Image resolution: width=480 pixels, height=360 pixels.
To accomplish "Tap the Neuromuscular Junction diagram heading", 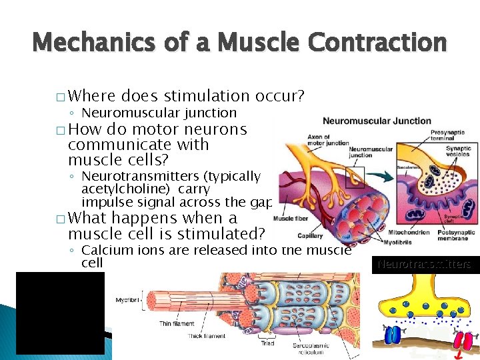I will pos(377,121).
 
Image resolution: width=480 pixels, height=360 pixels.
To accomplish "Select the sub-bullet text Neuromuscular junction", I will pos(159,113).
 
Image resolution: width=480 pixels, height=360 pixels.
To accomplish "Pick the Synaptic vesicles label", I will pos(458,153).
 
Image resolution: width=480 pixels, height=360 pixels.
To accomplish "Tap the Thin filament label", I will pos(177,323).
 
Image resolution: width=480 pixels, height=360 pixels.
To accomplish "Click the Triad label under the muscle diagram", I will pos(268,343).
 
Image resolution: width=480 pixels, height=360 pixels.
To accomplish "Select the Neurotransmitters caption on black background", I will pos(424,264).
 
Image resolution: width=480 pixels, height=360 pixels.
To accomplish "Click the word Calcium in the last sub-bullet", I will pos(103,250).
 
